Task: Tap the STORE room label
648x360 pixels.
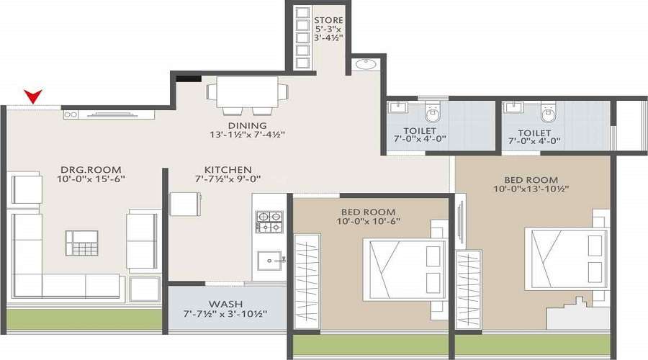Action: click(328, 19)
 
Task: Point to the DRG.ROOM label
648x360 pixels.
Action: click(84, 171)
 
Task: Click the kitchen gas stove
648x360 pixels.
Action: click(270, 221)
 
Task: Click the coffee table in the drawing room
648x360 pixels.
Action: click(81, 242)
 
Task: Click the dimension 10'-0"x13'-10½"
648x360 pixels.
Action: click(532, 189)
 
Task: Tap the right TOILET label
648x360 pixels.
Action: click(534, 133)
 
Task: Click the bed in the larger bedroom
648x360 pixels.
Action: click(565, 256)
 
